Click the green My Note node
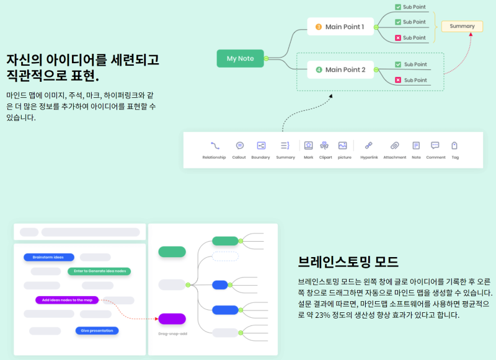(x=240, y=58)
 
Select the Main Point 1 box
(x=340, y=27)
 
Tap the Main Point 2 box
(x=340, y=69)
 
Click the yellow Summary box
(x=462, y=26)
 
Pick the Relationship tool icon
(x=215, y=146)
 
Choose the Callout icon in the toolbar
(x=240, y=146)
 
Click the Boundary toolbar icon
(x=261, y=146)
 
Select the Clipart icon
(x=324, y=146)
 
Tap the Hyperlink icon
(x=368, y=146)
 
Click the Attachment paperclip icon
(x=394, y=146)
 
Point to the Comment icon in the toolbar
(x=435, y=146)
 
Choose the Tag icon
(x=454, y=146)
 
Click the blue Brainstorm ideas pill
(x=49, y=257)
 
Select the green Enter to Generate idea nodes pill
(x=99, y=271)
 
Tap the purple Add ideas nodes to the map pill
(x=67, y=300)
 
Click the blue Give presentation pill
(x=97, y=331)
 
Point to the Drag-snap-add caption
(x=173, y=334)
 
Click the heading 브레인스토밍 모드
(x=348, y=261)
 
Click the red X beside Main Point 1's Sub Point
(x=398, y=38)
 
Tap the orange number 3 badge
(x=319, y=27)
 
